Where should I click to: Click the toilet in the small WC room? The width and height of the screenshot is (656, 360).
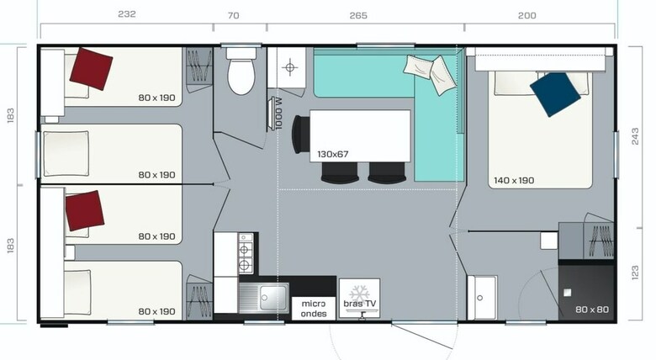[241, 71]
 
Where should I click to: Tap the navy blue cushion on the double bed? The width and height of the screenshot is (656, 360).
[555, 94]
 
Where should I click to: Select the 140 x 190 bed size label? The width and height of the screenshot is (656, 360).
[514, 180]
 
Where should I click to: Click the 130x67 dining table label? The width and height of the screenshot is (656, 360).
[332, 154]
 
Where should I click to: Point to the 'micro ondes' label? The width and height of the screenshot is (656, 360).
[314, 309]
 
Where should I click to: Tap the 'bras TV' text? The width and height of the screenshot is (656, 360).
[359, 304]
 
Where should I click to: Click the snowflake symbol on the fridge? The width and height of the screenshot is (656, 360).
[359, 293]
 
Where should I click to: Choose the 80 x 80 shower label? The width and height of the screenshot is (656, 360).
[592, 310]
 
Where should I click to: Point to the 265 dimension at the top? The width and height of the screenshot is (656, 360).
[358, 15]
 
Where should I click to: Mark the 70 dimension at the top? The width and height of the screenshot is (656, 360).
[234, 15]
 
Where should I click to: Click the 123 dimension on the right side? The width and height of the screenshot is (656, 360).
[635, 273]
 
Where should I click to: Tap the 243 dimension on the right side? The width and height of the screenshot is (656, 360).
[635, 136]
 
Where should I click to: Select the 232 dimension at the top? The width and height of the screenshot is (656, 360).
[127, 13]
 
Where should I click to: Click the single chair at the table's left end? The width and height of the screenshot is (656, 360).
[300, 135]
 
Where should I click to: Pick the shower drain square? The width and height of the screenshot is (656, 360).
[568, 293]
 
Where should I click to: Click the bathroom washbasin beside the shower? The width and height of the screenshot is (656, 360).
[483, 298]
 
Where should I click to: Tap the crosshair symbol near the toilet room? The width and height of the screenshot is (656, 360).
[289, 67]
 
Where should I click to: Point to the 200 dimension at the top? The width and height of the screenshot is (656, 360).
[526, 15]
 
